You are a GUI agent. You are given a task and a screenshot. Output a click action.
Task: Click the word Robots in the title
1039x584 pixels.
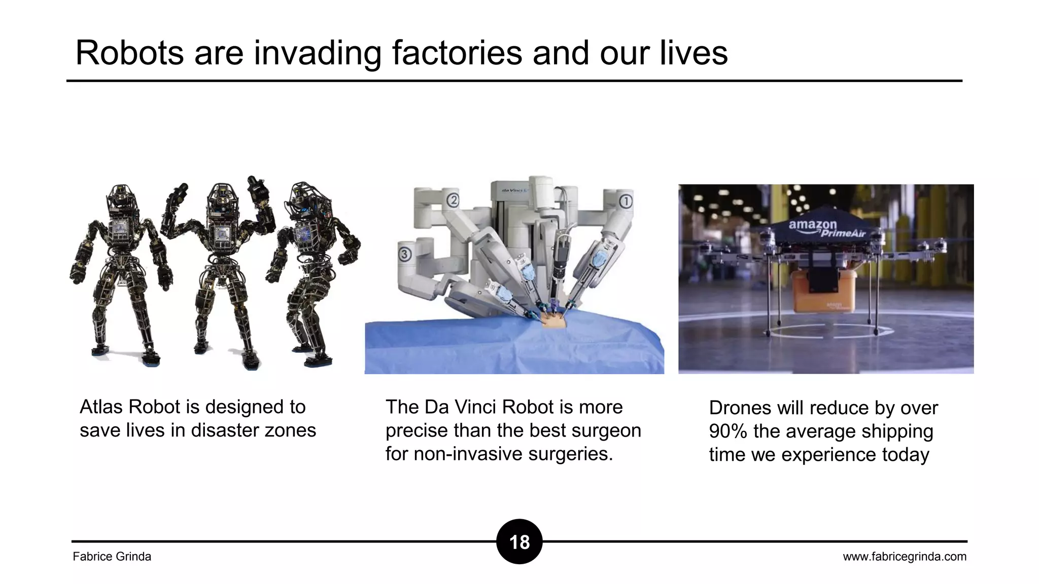[129, 53]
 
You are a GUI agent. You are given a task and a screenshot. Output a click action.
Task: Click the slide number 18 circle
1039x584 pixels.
[519, 542]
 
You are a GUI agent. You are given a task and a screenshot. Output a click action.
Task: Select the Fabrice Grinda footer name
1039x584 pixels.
[112, 557]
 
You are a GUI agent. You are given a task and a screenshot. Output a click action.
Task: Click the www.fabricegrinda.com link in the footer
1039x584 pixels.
[905, 557]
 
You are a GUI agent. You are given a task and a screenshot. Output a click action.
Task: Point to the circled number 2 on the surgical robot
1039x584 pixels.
[453, 200]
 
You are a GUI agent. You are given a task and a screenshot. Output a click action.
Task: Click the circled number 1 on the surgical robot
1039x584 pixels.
[626, 201]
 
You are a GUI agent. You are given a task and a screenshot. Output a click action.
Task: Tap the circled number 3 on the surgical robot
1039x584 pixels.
[404, 253]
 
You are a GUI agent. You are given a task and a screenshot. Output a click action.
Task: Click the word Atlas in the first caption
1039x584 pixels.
[101, 407]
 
